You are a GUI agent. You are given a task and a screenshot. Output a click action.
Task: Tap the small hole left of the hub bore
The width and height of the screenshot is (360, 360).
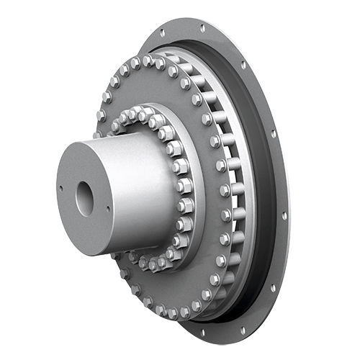coord(62,189)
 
